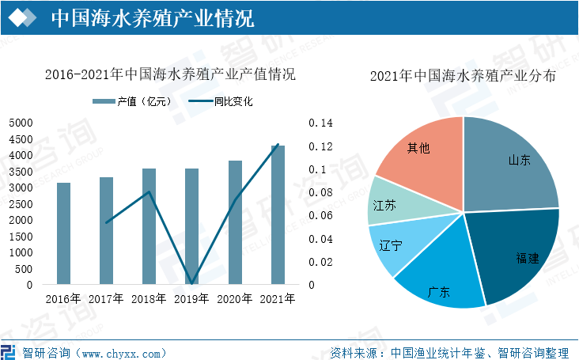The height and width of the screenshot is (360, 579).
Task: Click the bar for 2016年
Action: pyautogui.click(x=63, y=233)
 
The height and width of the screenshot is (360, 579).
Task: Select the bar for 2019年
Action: pyautogui.click(x=192, y=226)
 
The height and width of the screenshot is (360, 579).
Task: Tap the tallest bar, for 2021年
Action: pyautogui.click(x=278, y=214)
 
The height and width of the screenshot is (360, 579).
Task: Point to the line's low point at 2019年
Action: pyautogui.click(x=192, y=283)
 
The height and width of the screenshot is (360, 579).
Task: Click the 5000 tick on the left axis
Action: pyautogui.click(x=21, y=123)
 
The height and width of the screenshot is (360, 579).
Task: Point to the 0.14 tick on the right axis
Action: pyautogui.click(x=322, y=123)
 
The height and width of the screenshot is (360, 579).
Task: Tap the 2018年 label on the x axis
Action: pyautogui.click(x=149, y=299)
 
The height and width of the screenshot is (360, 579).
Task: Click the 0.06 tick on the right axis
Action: pyautogui.click(x=322, y=216)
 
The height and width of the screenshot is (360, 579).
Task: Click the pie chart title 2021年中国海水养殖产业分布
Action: pyautogui.click(x=463, y=77)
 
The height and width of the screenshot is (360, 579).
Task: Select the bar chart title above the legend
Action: pyautogui.click(x=169, y=77)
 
